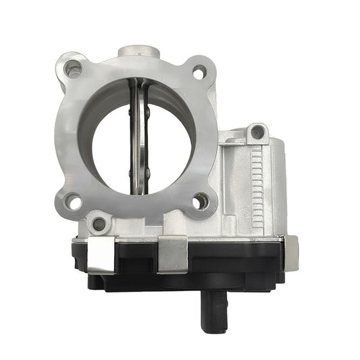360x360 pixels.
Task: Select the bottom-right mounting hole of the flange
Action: click(x=201, y=201)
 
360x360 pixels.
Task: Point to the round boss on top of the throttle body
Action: click(x=138, y=52)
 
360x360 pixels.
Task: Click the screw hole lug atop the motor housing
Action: click(x=255, y=132)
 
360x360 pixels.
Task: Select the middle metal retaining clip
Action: click(x=172, y=254)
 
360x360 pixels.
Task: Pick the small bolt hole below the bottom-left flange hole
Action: click(x=100, y=223)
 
